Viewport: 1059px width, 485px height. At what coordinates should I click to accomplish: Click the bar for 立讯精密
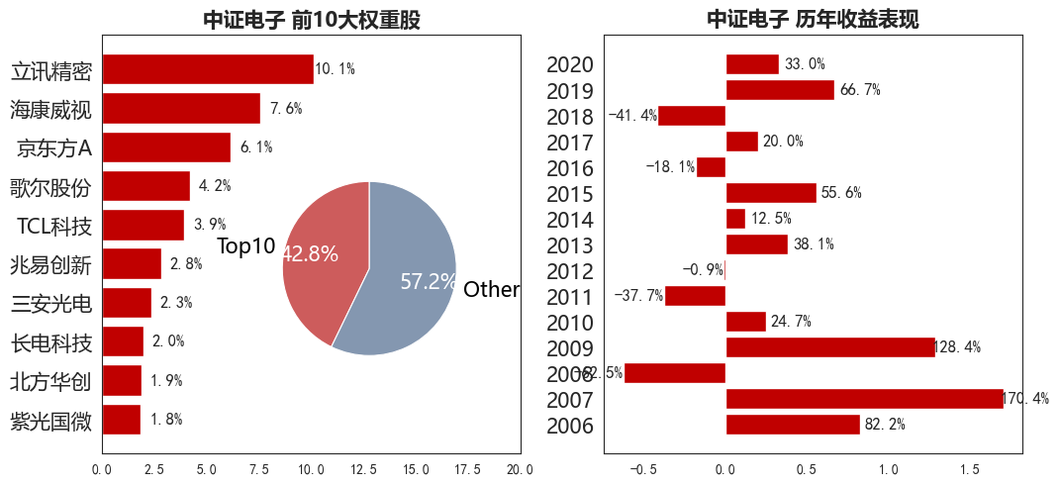(208, 69)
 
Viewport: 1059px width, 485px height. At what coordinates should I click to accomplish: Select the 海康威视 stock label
(51, 110)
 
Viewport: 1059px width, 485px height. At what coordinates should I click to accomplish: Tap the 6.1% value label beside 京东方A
(255, 147)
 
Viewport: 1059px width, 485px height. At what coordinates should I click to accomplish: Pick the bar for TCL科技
(144, 225)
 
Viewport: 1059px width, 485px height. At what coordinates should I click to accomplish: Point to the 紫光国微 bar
(122, 420)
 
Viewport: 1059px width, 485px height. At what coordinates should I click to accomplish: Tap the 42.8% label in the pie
(310, 254)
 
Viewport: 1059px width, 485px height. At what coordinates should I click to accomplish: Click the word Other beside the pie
(491, 290)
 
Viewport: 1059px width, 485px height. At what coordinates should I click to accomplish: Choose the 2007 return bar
(864, 399)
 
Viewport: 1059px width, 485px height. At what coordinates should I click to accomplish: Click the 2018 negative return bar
(692, 116)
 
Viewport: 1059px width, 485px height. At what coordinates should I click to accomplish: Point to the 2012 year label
(570, 271)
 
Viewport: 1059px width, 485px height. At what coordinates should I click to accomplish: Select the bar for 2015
(771, 193)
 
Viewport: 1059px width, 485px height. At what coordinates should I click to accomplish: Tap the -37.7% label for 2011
(638, 296)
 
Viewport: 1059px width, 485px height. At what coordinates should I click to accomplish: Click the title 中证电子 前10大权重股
(312, 20)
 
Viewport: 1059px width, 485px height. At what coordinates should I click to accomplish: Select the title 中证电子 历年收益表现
(811, 20)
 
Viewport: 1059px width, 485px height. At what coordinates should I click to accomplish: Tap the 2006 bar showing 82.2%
(793, 425)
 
